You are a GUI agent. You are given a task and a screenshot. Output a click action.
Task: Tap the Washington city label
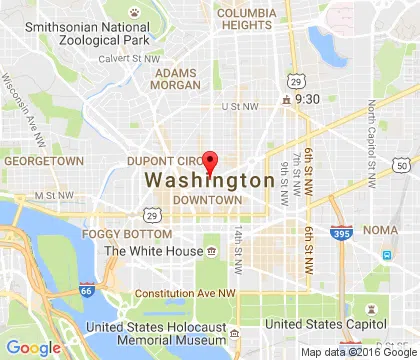pyautogui.click(x=210, y=181)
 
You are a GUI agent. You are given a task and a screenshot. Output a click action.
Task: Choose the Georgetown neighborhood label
pyautogui.click(x=42, y=160)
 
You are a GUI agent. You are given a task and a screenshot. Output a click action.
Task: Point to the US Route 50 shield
pyautogui.click(x=401, y=165)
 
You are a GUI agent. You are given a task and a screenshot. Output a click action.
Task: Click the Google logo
pyautogui.click(x=33, y=346)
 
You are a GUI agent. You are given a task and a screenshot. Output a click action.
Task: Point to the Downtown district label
pyautogui.click(x=206, y=200)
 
